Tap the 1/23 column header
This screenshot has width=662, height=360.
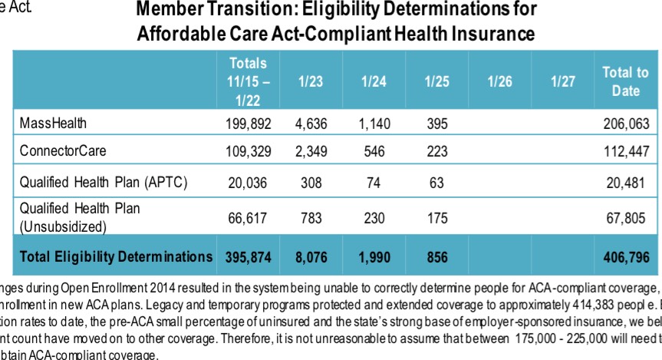311,81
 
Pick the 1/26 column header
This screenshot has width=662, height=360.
499,81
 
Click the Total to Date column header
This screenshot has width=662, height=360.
625,81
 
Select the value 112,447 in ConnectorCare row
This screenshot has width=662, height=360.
627,151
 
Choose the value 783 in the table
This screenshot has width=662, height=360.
311,219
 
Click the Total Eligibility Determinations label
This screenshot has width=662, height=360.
114,257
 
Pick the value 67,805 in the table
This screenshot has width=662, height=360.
627,219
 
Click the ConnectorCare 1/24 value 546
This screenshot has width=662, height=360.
374,151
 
